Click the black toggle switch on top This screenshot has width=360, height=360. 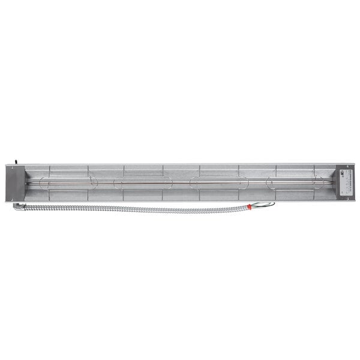16,161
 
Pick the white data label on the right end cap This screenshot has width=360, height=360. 345,182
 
